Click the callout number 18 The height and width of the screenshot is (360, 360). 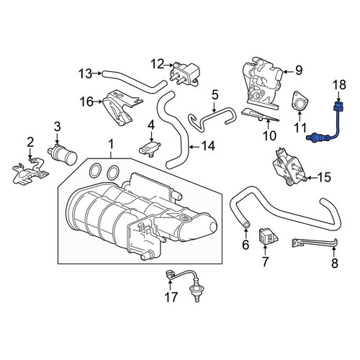point(339,85)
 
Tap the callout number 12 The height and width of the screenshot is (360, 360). point(158,64)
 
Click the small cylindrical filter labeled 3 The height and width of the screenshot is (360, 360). point(63,153)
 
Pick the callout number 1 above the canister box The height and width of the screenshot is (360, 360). point(111,145)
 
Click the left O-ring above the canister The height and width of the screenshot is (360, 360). point(95,171)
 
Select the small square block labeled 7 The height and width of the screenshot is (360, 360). point(268,236)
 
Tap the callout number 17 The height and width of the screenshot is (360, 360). point(171,297)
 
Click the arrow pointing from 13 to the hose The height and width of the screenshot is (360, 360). point(97,73)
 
